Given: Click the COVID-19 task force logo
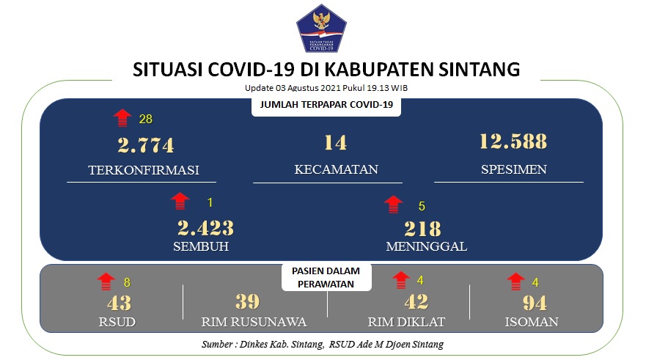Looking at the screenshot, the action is point(321,29).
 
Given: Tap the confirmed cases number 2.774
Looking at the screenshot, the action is point(146,145).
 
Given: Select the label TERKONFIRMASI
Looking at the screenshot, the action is point(144,169).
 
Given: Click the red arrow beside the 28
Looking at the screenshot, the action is point(122,118).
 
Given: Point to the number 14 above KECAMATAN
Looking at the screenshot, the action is point(335,143).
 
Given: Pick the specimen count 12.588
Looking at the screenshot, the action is point(513,142).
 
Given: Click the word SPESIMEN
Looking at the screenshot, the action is point(514,169).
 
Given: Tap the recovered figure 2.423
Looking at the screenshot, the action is point(205,228).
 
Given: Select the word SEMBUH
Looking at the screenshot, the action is point(201,246).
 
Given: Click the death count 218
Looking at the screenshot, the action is point(422,229).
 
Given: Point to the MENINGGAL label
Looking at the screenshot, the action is point(427,246).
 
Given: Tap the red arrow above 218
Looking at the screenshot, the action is point(394,205).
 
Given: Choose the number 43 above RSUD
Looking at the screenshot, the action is point(119,303).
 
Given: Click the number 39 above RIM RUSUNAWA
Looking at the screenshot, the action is point(248,302).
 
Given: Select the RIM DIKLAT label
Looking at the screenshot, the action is point(406,322).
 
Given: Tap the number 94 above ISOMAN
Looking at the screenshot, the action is point(535,303).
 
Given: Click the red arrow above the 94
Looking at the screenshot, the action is point(515,282).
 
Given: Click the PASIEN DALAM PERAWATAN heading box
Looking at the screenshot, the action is point(326,277).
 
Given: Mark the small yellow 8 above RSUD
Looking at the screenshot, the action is point(127,282).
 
